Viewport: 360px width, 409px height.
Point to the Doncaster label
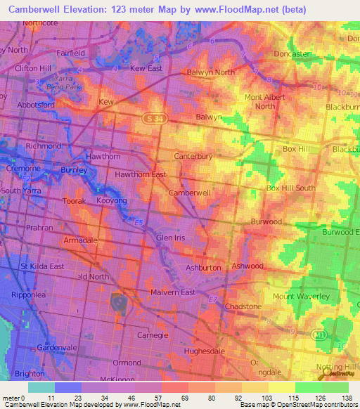(292, 54)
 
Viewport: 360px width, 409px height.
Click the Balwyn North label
(210, 72)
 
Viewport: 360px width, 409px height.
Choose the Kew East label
(146, 68)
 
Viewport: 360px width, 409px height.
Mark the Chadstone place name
(243, 307)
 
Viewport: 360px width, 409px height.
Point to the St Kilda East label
(41, 266)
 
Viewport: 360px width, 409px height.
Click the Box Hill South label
(290, 188)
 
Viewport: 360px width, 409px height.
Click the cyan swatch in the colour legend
(41, 387)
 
